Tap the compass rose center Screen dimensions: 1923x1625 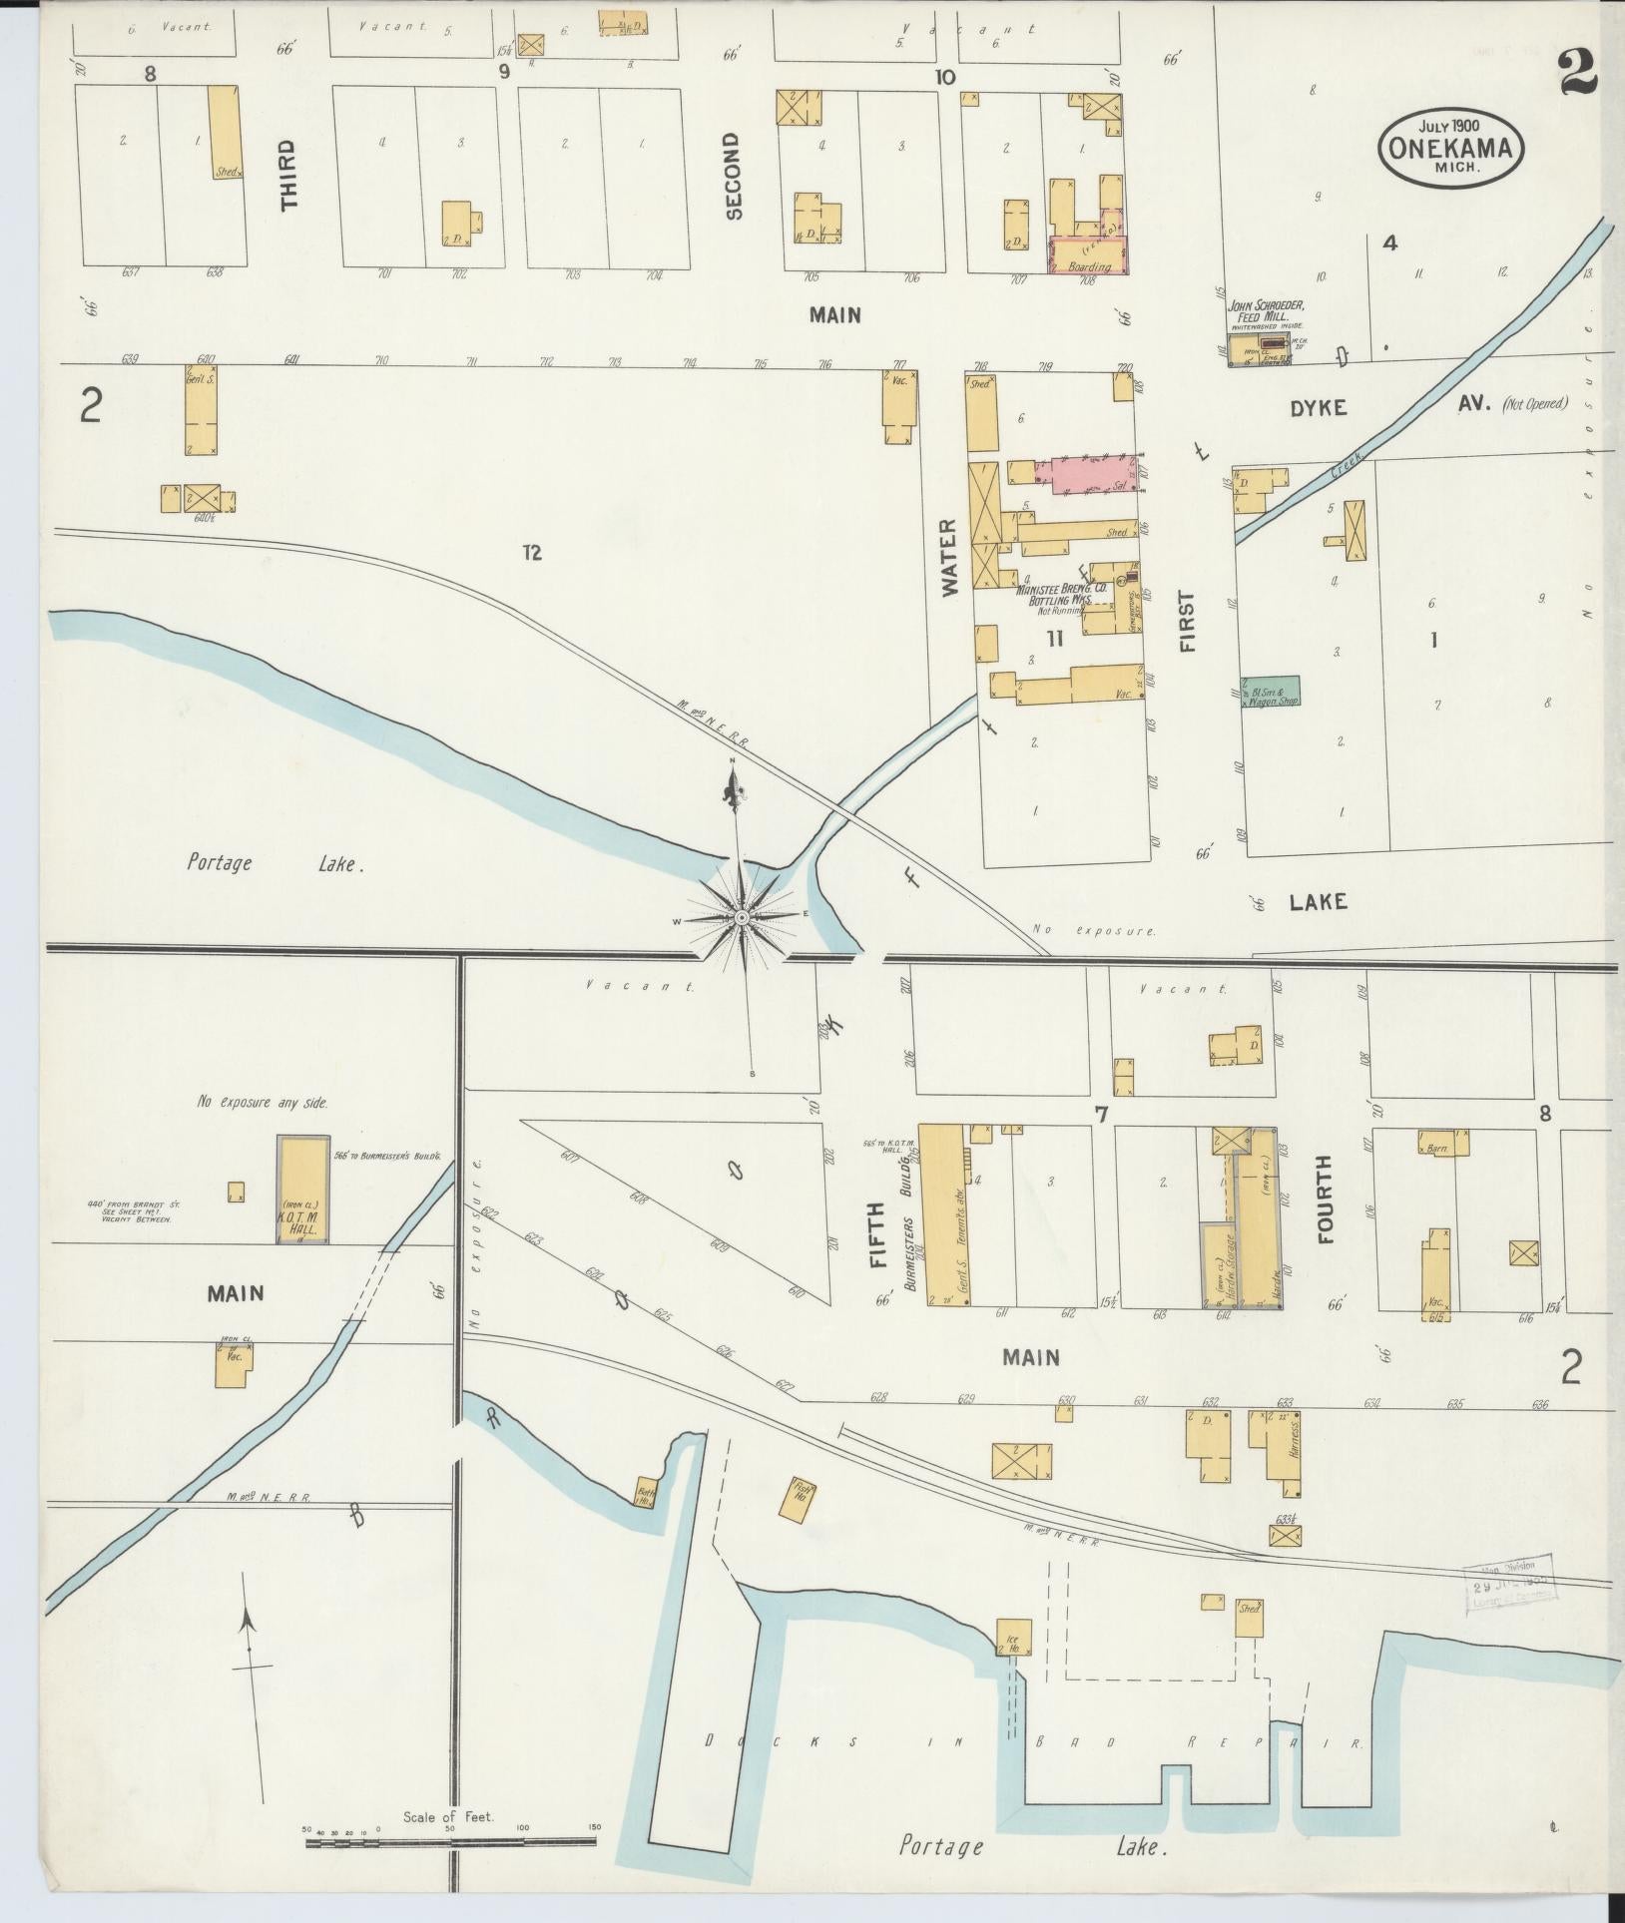742,916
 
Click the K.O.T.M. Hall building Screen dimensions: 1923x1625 302,1189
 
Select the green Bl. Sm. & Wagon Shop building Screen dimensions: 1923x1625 1270,691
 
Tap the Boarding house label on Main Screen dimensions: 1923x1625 1088,266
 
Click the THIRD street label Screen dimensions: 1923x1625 288,175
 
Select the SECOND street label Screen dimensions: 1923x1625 734,175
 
